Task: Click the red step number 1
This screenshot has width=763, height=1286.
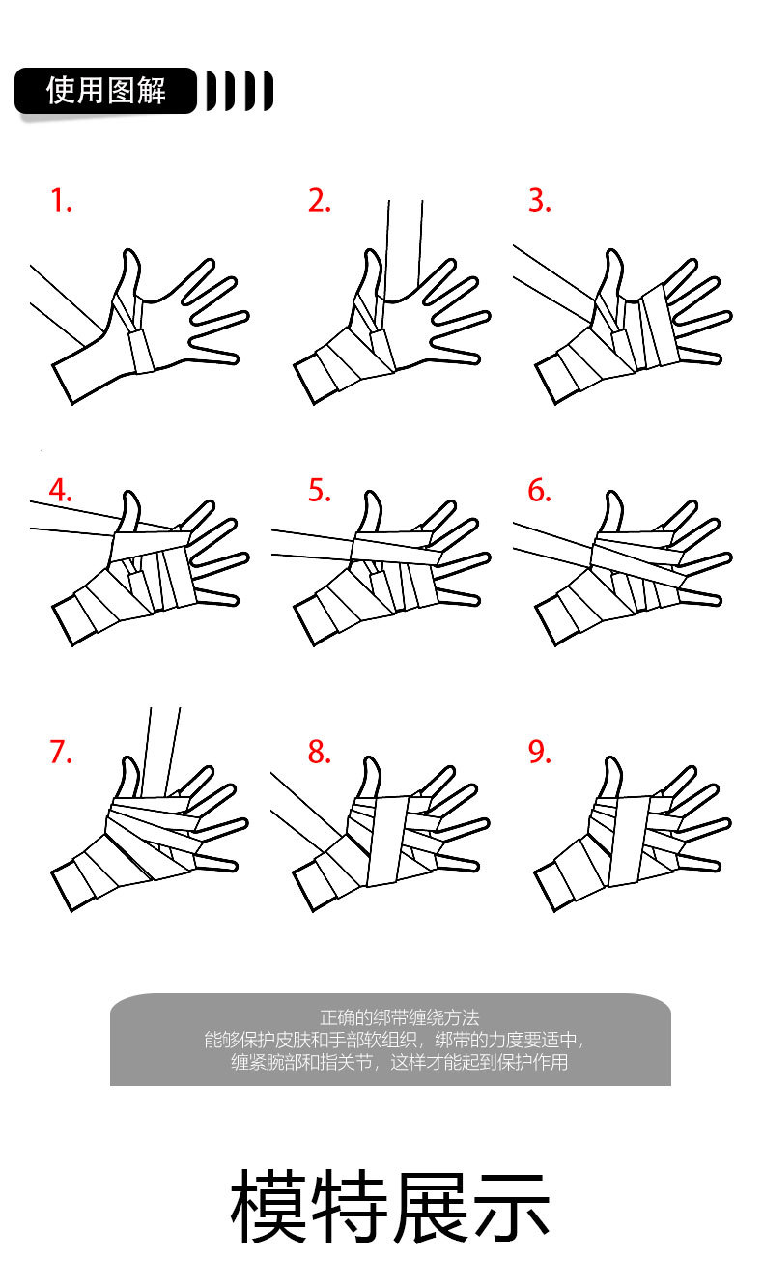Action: (x=61, y=200)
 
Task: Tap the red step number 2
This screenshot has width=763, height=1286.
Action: (x=319, y=200)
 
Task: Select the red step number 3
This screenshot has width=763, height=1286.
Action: (x=539, y=200)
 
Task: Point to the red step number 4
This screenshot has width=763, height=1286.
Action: (x=60, y=491)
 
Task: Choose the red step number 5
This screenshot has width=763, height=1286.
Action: (x=319, y=491)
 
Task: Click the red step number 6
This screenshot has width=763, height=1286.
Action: (x=539, y=491)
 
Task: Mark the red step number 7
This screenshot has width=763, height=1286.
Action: (x=61, y=752)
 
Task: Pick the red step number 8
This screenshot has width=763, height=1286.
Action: (x=319, y=752)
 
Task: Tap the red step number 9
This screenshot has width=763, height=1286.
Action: (x=539, y=752)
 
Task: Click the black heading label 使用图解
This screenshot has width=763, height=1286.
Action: (x=106, y=91)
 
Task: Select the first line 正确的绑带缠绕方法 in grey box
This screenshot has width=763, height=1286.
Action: (x=399, y=1018)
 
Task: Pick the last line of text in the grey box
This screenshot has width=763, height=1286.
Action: (x=399, y=1062)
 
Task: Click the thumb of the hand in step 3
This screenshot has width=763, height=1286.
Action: (x=610, y=275)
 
